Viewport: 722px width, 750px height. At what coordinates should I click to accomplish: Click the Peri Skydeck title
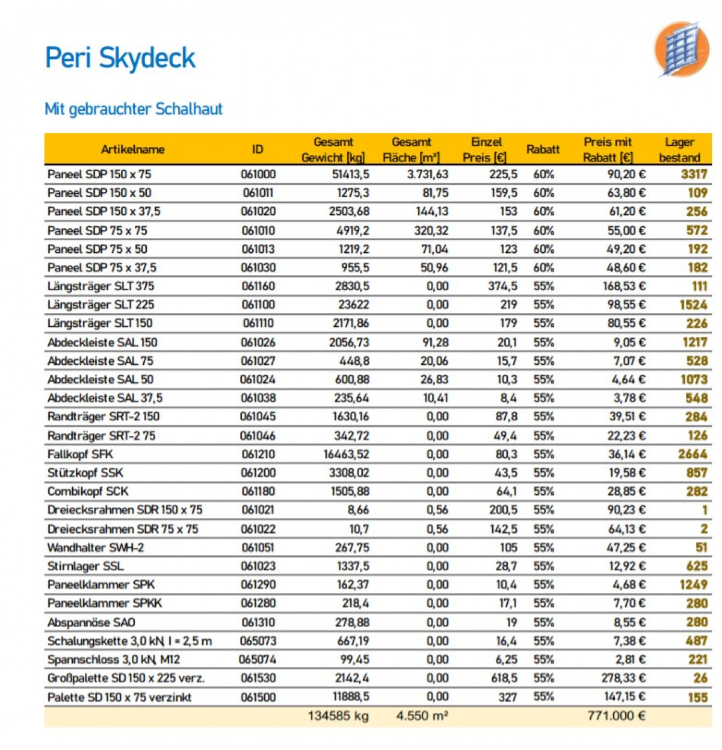pos(120,58)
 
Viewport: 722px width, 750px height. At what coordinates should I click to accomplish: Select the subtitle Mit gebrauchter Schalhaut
pos(134,109)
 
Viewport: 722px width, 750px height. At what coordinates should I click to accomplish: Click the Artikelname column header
pos(132,149)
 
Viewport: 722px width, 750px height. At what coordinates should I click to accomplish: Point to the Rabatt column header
pos(543,149)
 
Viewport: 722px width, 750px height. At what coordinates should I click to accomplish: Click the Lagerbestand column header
pos(679,150)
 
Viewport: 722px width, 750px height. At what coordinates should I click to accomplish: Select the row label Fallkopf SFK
pos(80,454)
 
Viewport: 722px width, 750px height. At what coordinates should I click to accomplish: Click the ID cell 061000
pos(258,175)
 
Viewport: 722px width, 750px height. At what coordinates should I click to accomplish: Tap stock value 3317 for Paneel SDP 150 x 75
pos(694,175)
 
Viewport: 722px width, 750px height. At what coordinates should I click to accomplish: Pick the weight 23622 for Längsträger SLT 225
pos(353,305)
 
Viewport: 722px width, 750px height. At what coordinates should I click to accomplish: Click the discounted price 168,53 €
pos(624,287)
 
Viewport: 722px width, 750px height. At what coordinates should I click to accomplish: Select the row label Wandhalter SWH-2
pos(96,548)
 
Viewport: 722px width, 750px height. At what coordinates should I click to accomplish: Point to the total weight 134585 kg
pos(338,716)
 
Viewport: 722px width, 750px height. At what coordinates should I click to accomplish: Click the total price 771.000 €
pos(616,716)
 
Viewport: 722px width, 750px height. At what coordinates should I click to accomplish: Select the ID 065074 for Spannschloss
pos(258,660)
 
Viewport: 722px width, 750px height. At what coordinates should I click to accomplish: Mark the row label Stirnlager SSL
pos(85,566)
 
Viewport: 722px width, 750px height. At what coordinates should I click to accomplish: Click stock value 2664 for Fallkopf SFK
pos(692,454)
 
